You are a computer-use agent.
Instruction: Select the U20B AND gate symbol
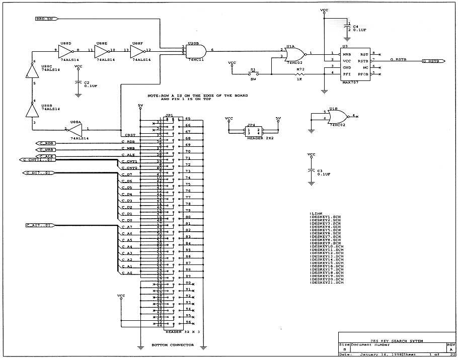click(x=195, y=51)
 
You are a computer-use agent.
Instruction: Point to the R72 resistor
click(x=300, y=74)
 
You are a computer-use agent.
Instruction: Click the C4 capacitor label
click(x=355, y=27)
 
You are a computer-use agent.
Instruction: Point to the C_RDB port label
click(x=47, y=143)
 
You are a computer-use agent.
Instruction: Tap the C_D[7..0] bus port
click(x=37, y=173)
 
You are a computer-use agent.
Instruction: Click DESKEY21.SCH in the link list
click(x=328, y=283)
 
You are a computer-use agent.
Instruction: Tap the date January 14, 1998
click(x=377, y=354)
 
